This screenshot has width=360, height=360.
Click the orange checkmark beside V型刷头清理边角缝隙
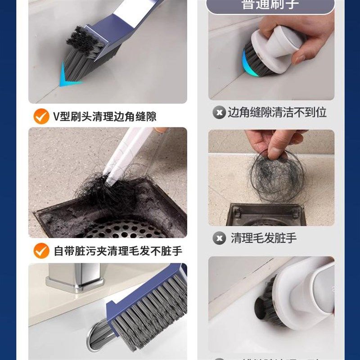[x=41, y=117]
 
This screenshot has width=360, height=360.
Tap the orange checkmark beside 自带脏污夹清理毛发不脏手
[x=41, y=251]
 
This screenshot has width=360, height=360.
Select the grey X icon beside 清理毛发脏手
[x=219, y=238]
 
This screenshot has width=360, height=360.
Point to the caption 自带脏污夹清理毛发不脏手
[x=118, y=251]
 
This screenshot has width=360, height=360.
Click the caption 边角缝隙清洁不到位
[x=276, y=112]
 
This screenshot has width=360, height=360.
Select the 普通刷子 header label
[x=270, y=5]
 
